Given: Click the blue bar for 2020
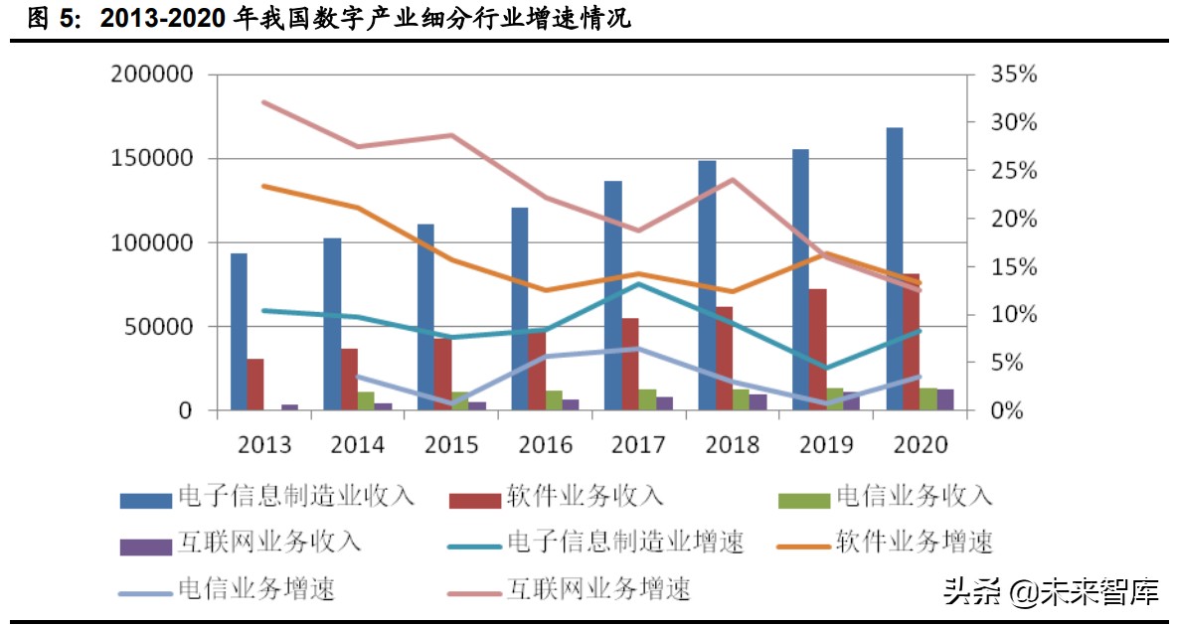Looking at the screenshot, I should pyautogui.click(x=895, y=268).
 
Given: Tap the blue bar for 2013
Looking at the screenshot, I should pyautogui.click(x=239, y=331).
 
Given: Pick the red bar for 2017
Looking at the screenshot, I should pyautogui.click(x=630, y=364).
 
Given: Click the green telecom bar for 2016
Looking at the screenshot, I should pyautogui.click(x=554, y=399).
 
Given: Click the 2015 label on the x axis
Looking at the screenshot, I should pyautogui.click(x=451, y=443).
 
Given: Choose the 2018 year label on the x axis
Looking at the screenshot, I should pyautogui.click(x=733, y=443).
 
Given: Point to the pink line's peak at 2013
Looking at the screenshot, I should pyautogui.click(x=263, y=101).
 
